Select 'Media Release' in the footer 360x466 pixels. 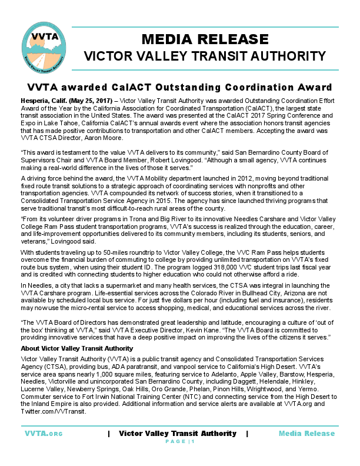[x=306, y=434]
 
